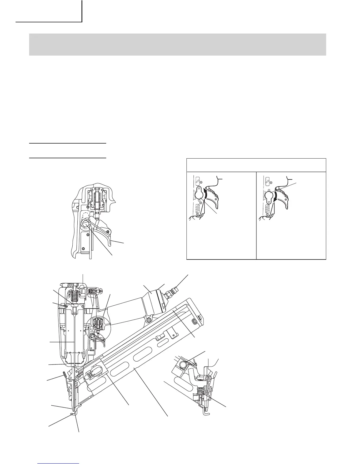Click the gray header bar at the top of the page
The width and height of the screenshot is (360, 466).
point(177,44)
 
